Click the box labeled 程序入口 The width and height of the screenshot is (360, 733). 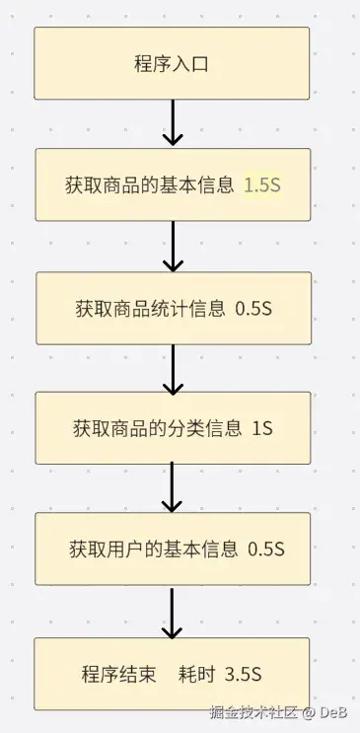(172, 63)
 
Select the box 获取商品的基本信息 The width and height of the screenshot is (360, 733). (173, 184)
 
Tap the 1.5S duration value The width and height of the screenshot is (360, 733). (262, 185)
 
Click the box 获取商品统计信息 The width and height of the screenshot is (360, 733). (174, 309)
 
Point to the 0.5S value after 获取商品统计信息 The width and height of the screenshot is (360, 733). (253, 309)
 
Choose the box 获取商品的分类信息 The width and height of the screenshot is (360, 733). (173, 428)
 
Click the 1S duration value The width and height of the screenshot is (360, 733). (262, 429)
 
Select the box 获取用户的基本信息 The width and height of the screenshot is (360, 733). (173, 549)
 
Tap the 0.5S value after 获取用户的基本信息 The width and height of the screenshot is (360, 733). (266, 550)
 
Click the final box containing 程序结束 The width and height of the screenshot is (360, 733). (172, 674)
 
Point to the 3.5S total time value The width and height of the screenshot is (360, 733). (243, 675)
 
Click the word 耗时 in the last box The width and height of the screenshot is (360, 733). (196, 675)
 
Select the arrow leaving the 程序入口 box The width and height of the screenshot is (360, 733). (173, 122)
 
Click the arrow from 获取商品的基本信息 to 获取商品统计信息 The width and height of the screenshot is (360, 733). (173, 247)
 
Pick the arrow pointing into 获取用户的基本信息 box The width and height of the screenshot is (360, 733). (172, 487)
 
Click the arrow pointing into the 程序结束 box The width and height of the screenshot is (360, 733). (172, 613)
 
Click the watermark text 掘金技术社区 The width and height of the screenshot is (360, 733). (253, 712)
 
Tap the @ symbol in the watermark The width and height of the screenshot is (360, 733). (309, 713)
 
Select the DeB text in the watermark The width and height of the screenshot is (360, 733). (333, 712)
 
